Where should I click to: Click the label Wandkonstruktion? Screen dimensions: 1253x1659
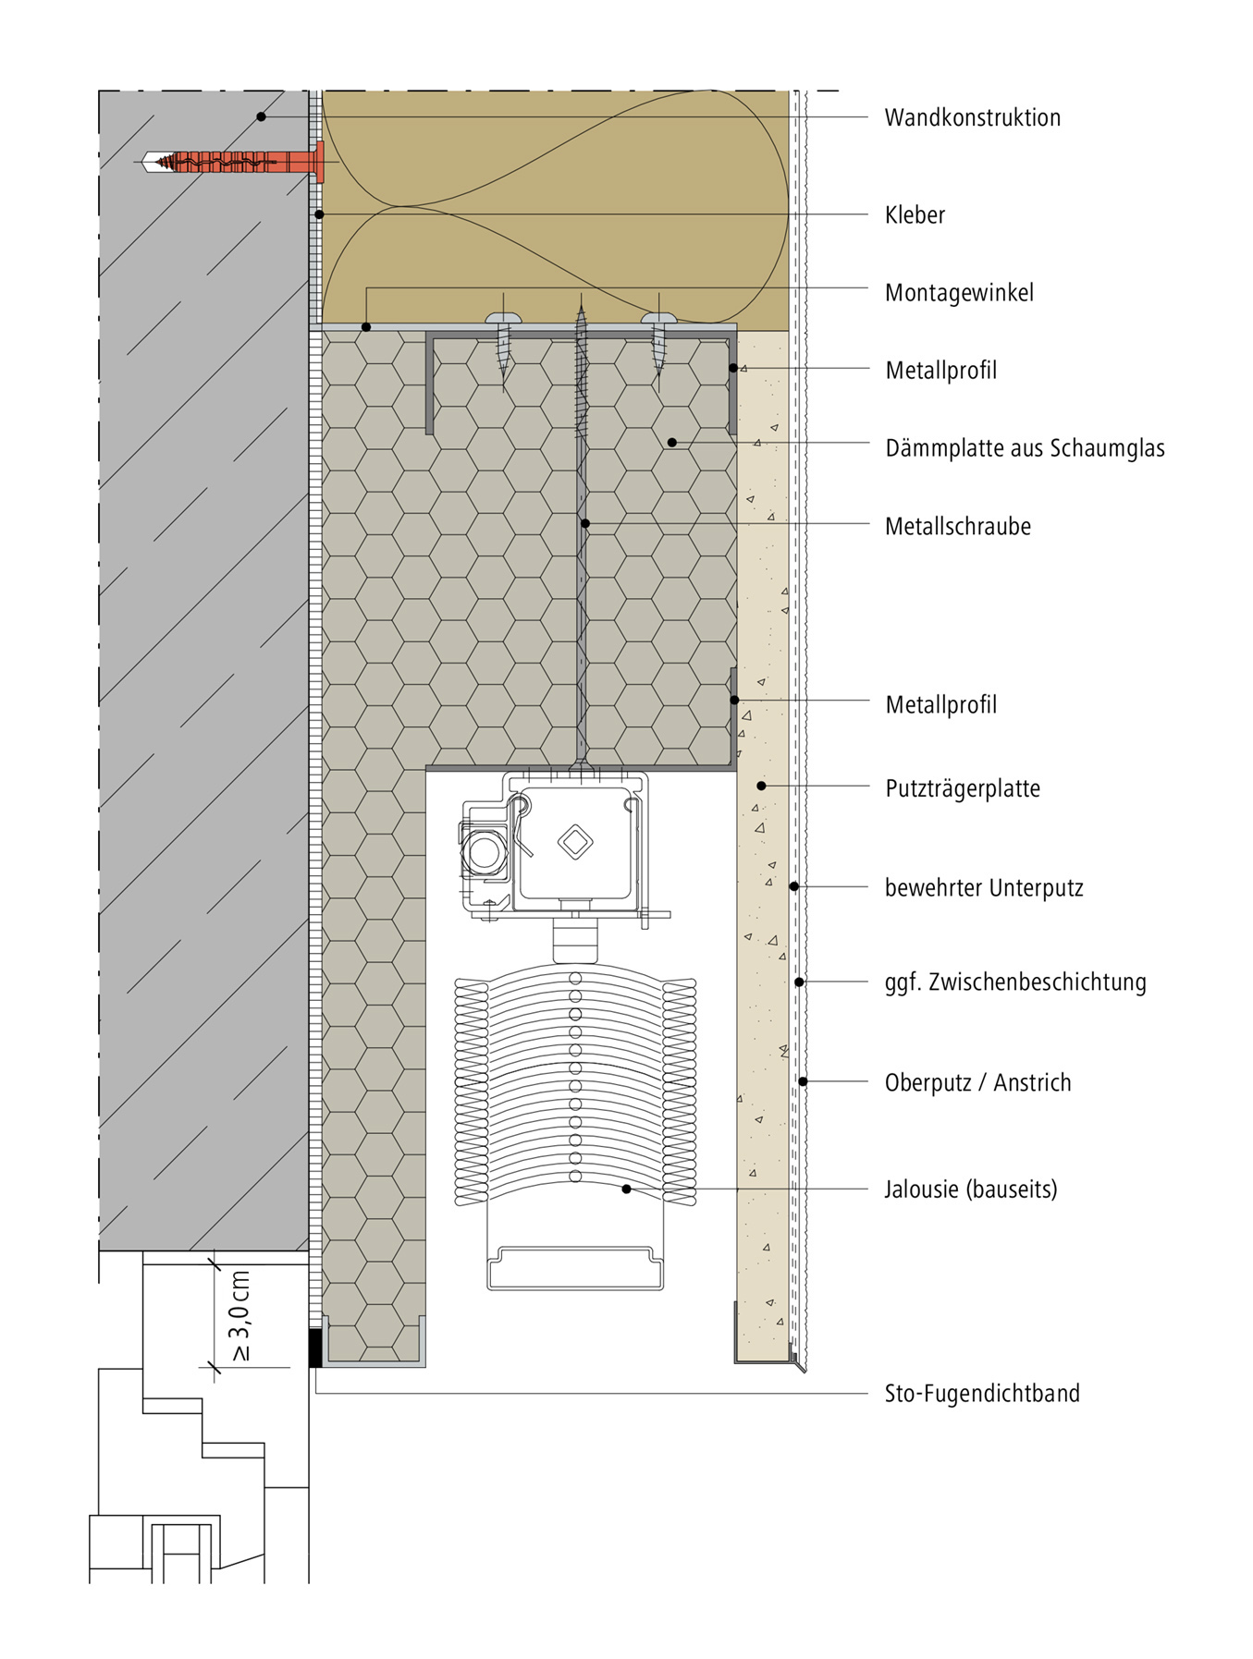(972, 117)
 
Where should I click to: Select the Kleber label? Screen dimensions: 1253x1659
(915, 214)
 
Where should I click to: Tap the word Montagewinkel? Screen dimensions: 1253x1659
(959, 293)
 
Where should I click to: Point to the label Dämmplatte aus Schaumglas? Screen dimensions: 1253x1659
(1025, 448)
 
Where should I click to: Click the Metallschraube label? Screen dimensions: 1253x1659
(957, 526)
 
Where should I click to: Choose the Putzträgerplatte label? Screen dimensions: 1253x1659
(962, 788)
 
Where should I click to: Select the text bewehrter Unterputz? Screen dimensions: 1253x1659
(984, 887)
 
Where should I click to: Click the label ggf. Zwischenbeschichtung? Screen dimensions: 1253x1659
(1015, 982)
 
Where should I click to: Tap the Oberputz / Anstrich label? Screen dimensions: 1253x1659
(977, 1082)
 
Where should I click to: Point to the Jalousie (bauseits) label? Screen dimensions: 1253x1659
(970, 1189)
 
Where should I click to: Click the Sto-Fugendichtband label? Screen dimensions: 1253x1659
(982, 1393)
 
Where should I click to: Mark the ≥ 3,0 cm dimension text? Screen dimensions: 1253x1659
(240, 1316)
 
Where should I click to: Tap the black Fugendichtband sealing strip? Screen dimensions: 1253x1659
(315, 1348)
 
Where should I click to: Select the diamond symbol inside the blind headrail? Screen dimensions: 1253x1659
(575, 841)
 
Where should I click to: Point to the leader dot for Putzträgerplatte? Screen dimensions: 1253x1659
(761, 786)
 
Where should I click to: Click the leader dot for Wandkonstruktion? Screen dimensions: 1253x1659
(262, 116)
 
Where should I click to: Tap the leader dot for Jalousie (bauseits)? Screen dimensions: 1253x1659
(626, 1189)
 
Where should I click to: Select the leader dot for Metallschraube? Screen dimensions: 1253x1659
(584, 524)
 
